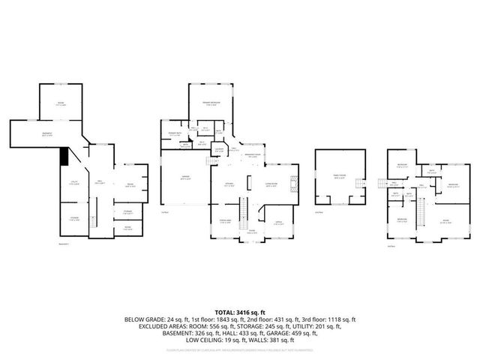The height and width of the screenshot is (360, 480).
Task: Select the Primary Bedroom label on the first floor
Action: click(210, 103)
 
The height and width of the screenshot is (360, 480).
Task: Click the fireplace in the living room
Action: click(294, 182)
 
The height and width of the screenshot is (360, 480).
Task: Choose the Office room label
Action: click(277, 223)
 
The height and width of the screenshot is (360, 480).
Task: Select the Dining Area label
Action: click(225, 220)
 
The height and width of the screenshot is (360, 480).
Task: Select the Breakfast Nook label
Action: click(254, 155)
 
